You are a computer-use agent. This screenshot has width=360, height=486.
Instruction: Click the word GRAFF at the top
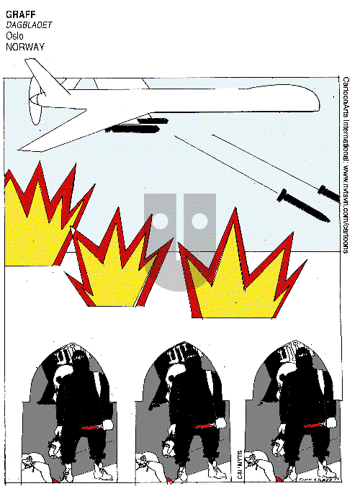[x=19, y=14]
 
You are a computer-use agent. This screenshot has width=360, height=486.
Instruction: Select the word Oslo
[x=14, y=35]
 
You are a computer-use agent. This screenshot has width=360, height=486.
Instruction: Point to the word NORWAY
[x=25, y=46]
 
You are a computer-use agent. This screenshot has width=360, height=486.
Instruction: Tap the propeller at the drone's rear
[x=33, y=108]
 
